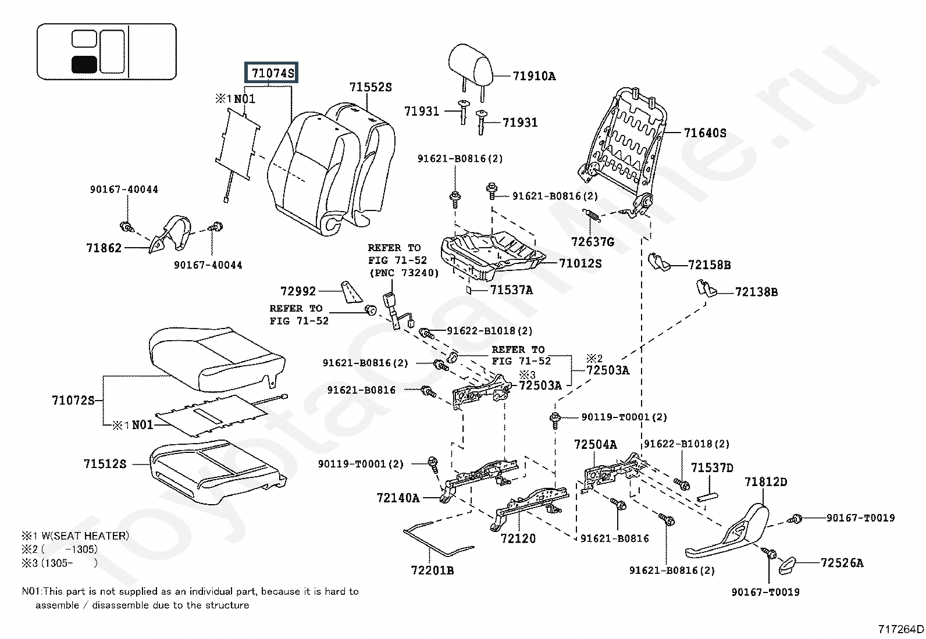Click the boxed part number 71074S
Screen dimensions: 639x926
pos(272,73)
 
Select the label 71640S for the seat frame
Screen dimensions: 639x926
pos(705,133)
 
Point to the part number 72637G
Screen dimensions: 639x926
pos(592,242)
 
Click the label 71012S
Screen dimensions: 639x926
pos(580,263)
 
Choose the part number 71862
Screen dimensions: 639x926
pos(104,248)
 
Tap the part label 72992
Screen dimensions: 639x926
pos(298,291)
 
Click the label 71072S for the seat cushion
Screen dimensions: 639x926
pos(73,401)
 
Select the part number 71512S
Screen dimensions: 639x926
pos(105,464)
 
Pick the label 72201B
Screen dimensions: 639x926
pos(432,570)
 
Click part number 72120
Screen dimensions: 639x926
pos(518,538)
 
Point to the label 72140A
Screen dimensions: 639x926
pos(398,498)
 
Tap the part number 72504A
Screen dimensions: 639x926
pos(595,445)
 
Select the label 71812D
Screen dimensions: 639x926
pos(765,482)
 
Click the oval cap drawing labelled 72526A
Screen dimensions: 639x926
pos(789,564)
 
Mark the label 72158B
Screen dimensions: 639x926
pos(709,265)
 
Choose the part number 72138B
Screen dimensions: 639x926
pos(756,292)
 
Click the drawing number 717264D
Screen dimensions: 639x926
pos(900,629)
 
